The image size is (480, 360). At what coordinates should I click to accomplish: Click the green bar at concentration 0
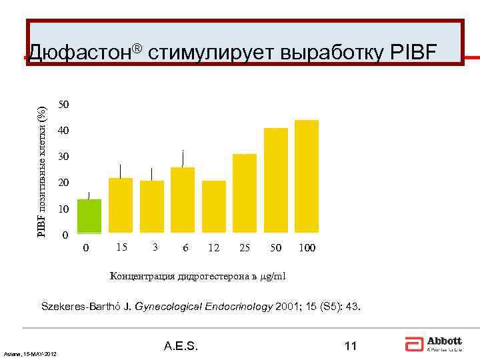pos(89,217)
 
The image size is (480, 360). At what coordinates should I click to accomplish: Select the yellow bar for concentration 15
pos(121,206)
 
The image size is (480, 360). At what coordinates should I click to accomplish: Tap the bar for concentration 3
pos(152,207)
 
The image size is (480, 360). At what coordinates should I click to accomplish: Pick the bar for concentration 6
pos(183,201)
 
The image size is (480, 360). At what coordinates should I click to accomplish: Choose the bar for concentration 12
pos(214,207)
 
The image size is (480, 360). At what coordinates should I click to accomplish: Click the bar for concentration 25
pos(245,194)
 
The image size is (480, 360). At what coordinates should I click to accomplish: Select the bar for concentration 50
pos(276,181)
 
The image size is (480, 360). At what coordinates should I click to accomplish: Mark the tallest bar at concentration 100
pos(307,177)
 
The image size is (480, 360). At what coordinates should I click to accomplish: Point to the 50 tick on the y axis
pos(63,105)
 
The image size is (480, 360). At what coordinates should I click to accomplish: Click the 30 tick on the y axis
pos(63,157)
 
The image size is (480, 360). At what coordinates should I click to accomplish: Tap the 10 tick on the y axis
pos(63,209)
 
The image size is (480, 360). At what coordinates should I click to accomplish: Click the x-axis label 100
pos(307,248)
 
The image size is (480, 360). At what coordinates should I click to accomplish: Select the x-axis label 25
pos(245,248)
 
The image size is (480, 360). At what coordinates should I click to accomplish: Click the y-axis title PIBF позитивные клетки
pos(41,163)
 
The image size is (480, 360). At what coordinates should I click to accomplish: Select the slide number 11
pos(351,346)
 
